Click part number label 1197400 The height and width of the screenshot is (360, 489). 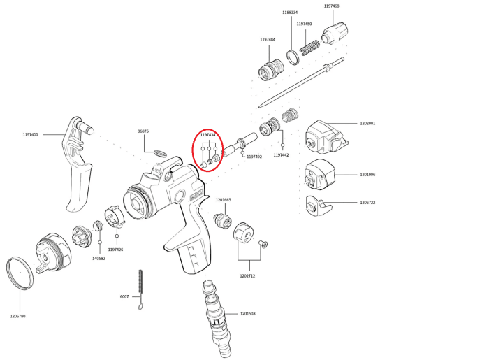click(x=30, y=134)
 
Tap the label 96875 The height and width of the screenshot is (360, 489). click(x=143, y=131)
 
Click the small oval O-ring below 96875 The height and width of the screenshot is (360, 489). click(x=160, y=154)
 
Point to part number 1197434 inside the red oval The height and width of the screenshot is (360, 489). click(x=207, y=135)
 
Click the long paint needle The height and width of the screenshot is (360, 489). click(x=301, y=82)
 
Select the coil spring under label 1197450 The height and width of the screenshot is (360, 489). click(x=309, y=47)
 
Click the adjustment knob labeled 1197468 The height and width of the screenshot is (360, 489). click(x=335, y=33)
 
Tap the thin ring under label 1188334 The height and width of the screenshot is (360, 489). click(x=293, y=57)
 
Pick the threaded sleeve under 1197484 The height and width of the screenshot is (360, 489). click(x=271, y=70)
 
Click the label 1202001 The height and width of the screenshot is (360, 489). click(x=367, y=123)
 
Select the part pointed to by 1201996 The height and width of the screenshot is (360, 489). click(x=320, y=174)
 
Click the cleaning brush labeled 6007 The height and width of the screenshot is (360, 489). click(x=140, y=289)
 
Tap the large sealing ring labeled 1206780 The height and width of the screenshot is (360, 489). click(x=20, y=273)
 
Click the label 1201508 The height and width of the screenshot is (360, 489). click(x=247, y=314)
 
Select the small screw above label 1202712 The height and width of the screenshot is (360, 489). click(x=263, y=244)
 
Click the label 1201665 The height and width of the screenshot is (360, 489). click(x=224, y=200)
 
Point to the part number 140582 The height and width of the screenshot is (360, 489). click(x=98, y=259)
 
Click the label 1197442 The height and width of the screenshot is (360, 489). click(x=281, y=155)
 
